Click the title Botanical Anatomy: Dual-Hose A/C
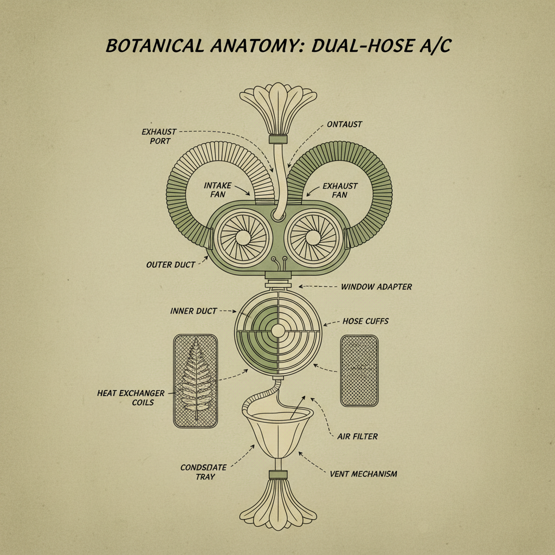(x=278, y=46)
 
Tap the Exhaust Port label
(x=156, y=136)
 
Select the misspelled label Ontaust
(x=344, y=124)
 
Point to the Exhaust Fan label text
(x=340, y=190)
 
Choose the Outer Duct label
(x=170, y=265)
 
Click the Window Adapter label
(x=376, y=286)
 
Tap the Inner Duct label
(x=193, y=311)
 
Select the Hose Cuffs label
(x=365, y=321)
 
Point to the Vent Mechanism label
(x=363, y=474)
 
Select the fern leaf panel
(x=195, y=380)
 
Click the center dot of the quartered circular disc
(x=278, y=330)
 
